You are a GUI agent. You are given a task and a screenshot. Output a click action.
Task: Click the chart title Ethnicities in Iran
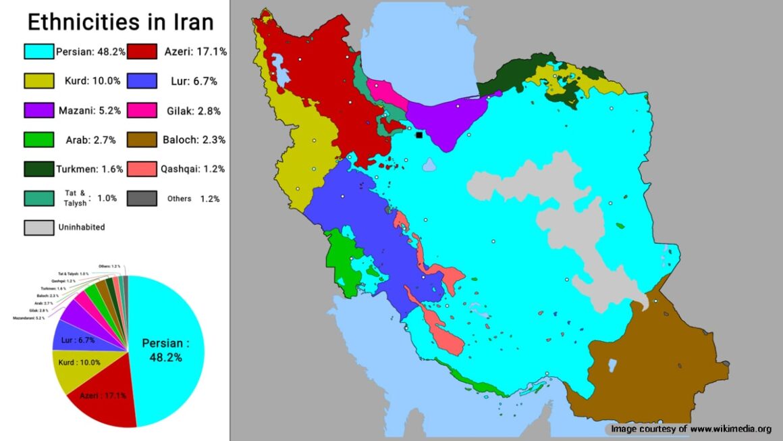click(120, 22)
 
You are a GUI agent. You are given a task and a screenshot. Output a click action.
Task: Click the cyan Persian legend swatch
click(38, 51)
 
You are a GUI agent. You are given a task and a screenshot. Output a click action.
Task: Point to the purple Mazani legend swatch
click(38, 110)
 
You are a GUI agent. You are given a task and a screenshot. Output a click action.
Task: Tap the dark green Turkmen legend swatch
click(38, 169)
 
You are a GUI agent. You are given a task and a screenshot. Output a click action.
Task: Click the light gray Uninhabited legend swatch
click(38, 228)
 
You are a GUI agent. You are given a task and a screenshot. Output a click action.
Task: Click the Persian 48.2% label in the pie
click(165, 350)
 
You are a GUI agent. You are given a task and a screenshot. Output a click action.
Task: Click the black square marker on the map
click(419, 135)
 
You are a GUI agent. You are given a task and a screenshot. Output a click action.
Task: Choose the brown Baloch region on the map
click(648, 365)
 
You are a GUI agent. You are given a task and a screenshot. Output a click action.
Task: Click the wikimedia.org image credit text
click(691, 429)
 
